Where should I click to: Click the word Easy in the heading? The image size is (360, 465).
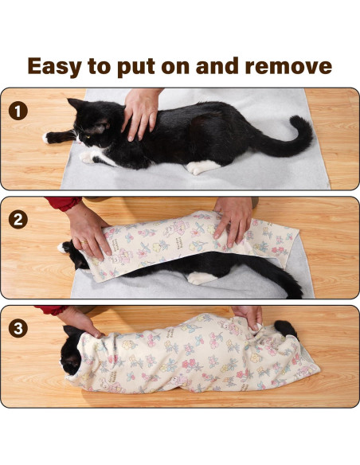pyautogui.click(x=61, y=65)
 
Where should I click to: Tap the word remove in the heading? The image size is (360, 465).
pyautogui.click(x=287, y=65)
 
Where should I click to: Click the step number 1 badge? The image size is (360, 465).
pyautogui.click(x=19, y=109)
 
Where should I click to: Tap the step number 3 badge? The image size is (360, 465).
pyautogui.click(x=19, y=326)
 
